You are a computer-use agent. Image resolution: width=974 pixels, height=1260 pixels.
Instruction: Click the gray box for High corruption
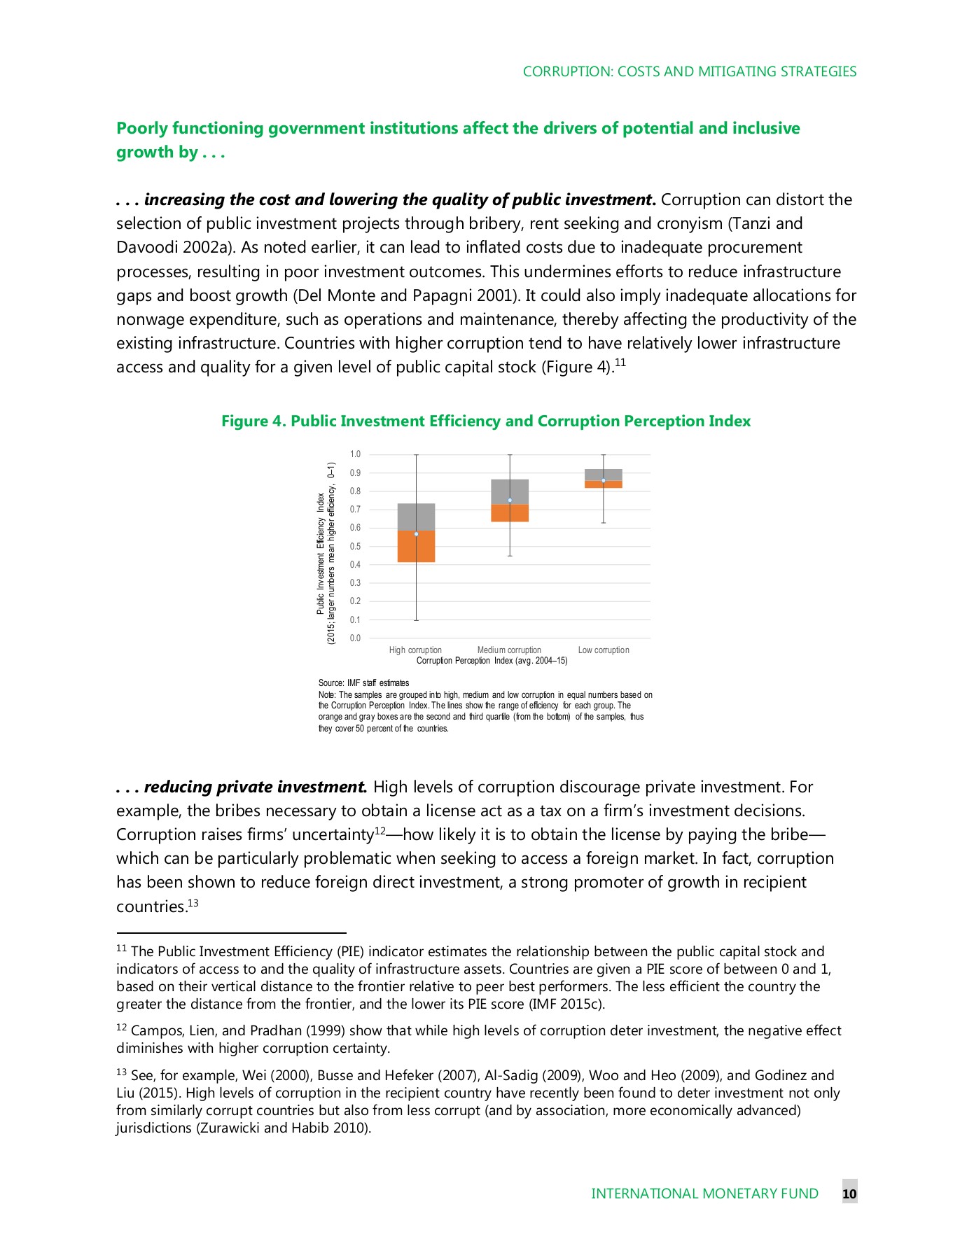pos(416,517)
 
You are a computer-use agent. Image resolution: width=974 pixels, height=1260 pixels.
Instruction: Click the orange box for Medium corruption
pos(510,513)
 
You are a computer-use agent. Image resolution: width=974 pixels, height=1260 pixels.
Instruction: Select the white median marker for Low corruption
pos(604,480)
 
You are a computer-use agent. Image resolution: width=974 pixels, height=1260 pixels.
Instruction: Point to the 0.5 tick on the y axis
pos(356,547)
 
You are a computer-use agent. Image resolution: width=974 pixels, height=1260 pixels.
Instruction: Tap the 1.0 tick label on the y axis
pos(356,454)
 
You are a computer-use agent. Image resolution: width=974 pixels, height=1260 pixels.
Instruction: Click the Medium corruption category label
pos(509,650)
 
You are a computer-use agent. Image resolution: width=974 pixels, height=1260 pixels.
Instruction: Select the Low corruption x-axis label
pos(604,650)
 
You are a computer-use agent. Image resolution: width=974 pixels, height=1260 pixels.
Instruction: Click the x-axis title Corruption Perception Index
pos(492,661)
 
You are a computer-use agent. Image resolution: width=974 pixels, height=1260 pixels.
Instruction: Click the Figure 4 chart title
pos(486,421)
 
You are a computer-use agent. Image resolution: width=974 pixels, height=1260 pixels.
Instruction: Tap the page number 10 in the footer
pos(849,1193)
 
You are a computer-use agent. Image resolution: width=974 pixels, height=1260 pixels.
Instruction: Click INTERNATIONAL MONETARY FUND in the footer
pos(704,1193)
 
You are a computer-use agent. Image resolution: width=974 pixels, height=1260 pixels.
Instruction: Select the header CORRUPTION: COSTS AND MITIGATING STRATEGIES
pos(690,71)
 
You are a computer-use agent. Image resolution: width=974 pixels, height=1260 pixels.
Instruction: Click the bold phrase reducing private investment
pos(256,787)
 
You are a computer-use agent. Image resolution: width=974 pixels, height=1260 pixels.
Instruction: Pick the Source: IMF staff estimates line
pos(363,682)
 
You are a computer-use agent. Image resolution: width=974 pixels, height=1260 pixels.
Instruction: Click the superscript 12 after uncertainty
pos(380,831)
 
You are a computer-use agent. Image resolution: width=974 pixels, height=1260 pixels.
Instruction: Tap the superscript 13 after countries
pos(193,903)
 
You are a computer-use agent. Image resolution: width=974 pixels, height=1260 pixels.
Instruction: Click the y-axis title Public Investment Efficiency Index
pos(321,553)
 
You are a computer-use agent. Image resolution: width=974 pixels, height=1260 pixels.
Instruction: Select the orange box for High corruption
pos(416,547)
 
